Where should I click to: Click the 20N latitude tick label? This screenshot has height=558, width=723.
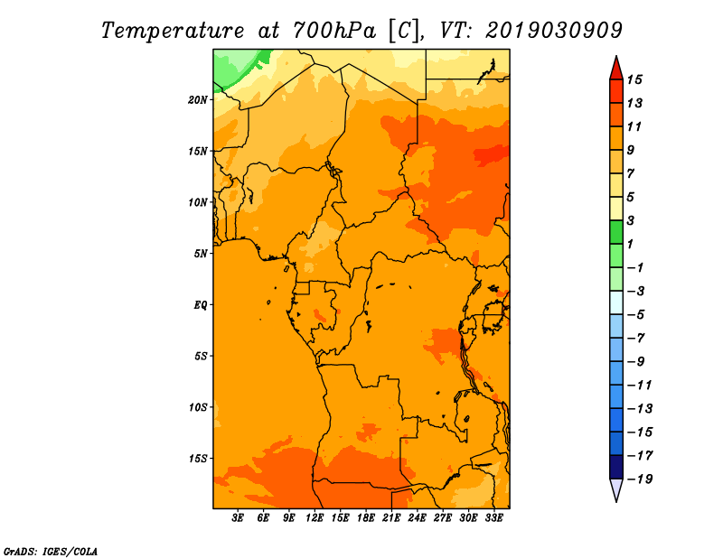pos(197,100)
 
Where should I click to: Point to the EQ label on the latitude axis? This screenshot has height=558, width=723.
pos(200,305)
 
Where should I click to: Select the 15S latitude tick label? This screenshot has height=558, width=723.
pos(198,459)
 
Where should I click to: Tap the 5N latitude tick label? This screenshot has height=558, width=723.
pos(201,254)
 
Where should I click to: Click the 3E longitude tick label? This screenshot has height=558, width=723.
pos(238,518)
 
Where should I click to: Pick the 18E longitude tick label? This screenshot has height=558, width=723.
pos(366,518)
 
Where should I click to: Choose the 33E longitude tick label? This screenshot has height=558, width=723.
pos(493,518)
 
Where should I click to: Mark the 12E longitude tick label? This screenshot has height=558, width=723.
pos(315,518)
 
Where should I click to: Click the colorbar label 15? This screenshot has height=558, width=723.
pos(634,79)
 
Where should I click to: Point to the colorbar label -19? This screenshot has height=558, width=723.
pos(641,479)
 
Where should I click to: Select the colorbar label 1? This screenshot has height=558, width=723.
pos(630,244)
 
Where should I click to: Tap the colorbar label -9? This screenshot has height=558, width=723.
pos(636,362)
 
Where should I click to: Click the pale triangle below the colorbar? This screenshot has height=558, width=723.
pos(616,488)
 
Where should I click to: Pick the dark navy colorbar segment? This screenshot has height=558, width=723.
pos(616,467)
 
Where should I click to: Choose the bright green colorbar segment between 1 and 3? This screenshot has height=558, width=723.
pos(616,232)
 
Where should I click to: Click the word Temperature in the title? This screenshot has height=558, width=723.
pos(173,31)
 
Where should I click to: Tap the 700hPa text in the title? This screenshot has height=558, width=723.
pos(334,31)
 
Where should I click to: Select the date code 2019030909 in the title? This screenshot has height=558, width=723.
pos(554,31)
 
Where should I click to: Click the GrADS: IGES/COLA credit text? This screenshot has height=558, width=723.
pos(51,551)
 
